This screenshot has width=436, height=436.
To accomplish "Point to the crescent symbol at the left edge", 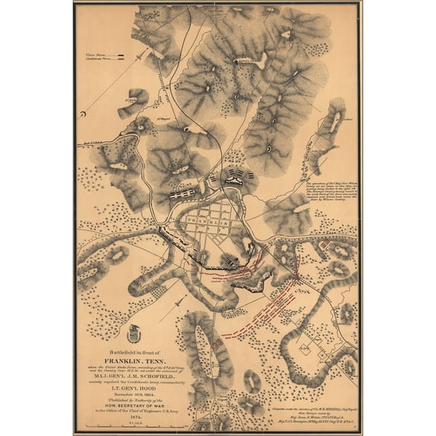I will pyautogui.click(x=83, y=116).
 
